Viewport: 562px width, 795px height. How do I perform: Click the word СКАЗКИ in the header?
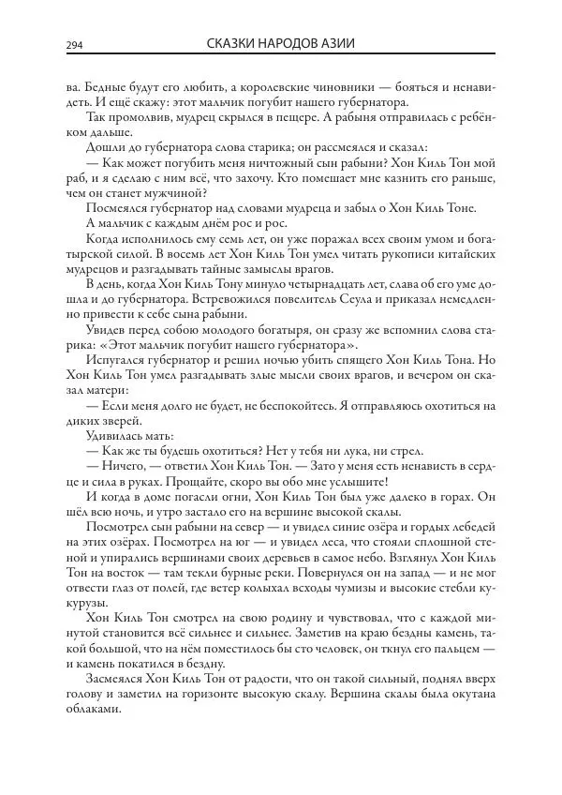(x=235, y=44)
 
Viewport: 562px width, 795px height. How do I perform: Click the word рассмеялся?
(x=357, y=147)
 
